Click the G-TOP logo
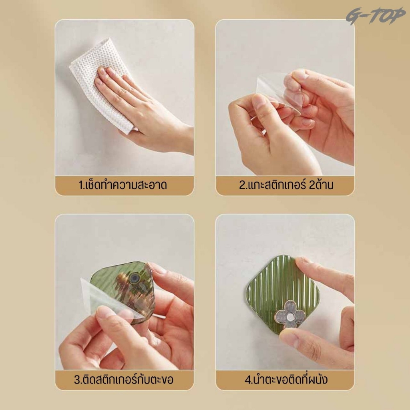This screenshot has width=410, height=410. (x=375, y=16)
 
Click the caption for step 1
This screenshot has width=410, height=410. (x=123, y=185)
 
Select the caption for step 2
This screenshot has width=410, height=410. (x=286, y=185)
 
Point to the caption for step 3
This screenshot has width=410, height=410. (x=124, y=380)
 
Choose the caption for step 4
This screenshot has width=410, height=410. (x=286, y=380)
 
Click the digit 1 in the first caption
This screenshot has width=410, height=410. (x=81, y=185)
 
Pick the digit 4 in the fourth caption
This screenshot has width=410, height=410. (x=248, y=380)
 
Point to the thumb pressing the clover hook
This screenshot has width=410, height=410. (x=290, y=337)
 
